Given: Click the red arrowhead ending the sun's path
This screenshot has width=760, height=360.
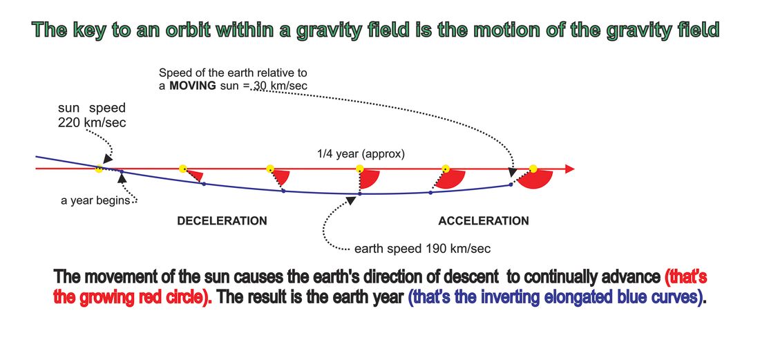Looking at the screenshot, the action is click(x=570, y=169).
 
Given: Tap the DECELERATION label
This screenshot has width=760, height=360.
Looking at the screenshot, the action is click(x=222, y=221).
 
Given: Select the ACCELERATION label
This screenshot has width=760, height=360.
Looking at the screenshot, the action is click(x=484, y=221).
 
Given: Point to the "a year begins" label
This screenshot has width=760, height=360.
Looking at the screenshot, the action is click(x=95, y=200).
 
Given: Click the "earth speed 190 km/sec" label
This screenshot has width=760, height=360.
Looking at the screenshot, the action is click(x=423, y=249).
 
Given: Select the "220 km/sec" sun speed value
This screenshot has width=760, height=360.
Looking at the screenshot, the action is click(x=92, y=122).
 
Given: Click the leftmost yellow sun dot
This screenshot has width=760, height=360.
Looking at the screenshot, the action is click(x=99, y=169).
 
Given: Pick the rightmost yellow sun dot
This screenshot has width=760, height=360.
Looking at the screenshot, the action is click(x=533, y=169).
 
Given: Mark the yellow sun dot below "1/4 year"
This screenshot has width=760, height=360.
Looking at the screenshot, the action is click(x=360, y=169).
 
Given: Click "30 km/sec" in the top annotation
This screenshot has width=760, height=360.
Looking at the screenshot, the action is click(x=283, y=86).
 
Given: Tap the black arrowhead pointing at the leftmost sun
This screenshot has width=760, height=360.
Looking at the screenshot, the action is click(x=108, y=158).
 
